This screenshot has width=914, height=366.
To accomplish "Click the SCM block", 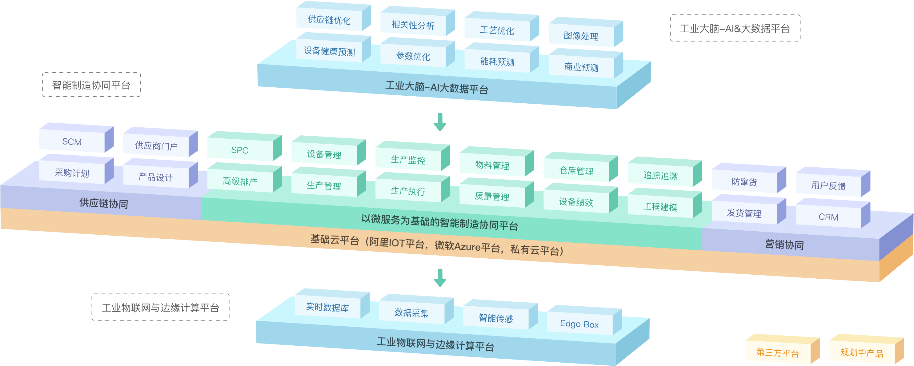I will [72, 141].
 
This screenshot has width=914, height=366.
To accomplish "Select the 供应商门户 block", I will [156, 146].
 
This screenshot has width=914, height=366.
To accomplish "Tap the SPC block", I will [240, 150].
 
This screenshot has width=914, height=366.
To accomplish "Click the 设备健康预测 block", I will [329, 51].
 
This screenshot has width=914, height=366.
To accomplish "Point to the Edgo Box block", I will [579, 324].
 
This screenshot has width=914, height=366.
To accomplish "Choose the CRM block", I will [828, 217].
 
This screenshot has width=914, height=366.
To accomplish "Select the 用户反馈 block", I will [828, 185].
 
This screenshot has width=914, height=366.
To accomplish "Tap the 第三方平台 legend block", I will [777, 352].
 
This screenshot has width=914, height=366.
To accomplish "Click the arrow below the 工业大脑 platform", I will [440, 122].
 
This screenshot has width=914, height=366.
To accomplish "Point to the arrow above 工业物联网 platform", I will [440, 277].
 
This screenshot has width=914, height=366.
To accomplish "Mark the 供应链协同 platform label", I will [104, 203].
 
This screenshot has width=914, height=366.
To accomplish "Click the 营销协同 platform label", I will [784, 245].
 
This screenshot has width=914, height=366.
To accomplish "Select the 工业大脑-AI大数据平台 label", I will [437, 87].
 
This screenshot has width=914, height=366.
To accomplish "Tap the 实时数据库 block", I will [327, 307].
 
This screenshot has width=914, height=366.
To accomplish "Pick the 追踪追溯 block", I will [660, 176].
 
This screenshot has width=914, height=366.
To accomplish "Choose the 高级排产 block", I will [240, 181].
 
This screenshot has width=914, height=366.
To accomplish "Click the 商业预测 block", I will [581, 67].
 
